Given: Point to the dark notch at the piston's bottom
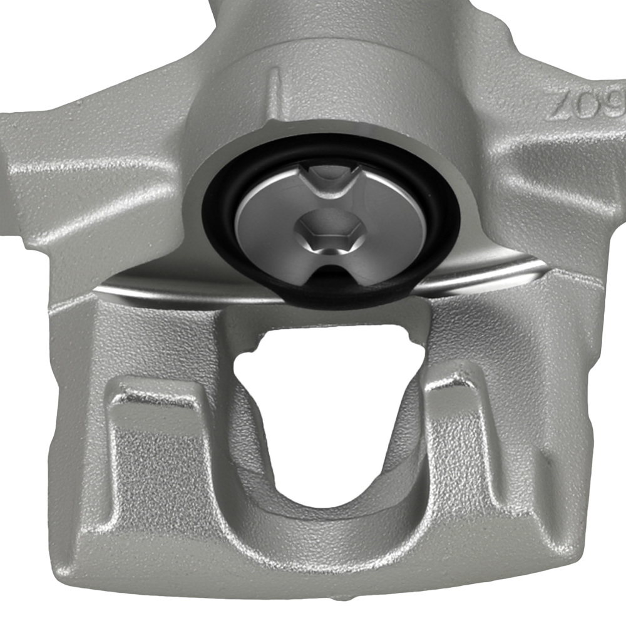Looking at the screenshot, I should (x=332, y=282).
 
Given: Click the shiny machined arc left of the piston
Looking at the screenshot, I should (x=156, y=285).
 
